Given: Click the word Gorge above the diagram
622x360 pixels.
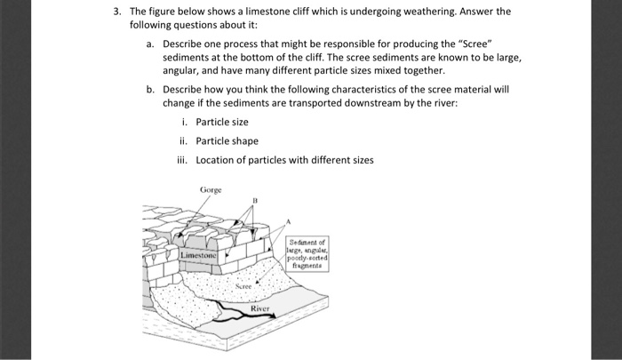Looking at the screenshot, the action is (211, 189).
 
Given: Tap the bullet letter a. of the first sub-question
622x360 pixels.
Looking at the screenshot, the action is (151, 42).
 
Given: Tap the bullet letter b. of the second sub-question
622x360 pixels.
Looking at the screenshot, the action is (151, 89).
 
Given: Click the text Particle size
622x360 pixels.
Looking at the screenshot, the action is (222, 121).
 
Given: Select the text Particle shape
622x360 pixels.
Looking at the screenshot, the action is (227, 140).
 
